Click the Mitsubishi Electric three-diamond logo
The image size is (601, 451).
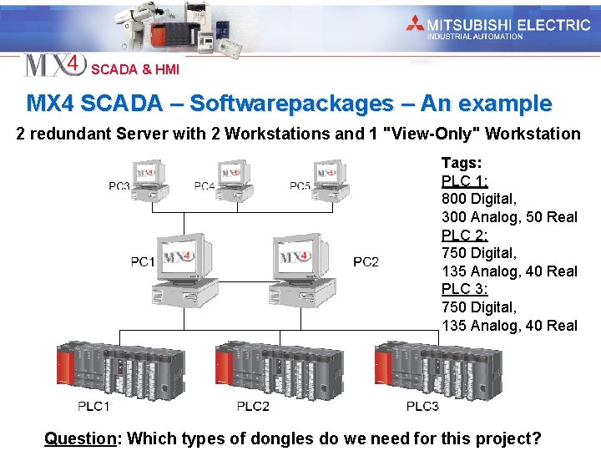(x=415, y=24)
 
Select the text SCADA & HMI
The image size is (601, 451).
(x=135, y=70)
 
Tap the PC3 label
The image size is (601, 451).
(x=119, y=185)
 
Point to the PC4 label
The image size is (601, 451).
(x=205, y=185)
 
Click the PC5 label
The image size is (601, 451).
(x=300, y=185)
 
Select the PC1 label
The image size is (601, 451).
(x=143, y=262)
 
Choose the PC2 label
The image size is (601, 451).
(x=366, y=262)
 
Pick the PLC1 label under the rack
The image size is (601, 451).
(x=93, y=406)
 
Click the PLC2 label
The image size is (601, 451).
(x=253, y=406)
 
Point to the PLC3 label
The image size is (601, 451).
(x=422, y=406)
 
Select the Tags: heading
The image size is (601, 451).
(x=462, y=163)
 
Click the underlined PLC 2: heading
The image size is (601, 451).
(x=465, y=236)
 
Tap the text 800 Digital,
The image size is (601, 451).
(x=479, y=199)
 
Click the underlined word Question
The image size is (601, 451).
(x=79, y=438)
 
